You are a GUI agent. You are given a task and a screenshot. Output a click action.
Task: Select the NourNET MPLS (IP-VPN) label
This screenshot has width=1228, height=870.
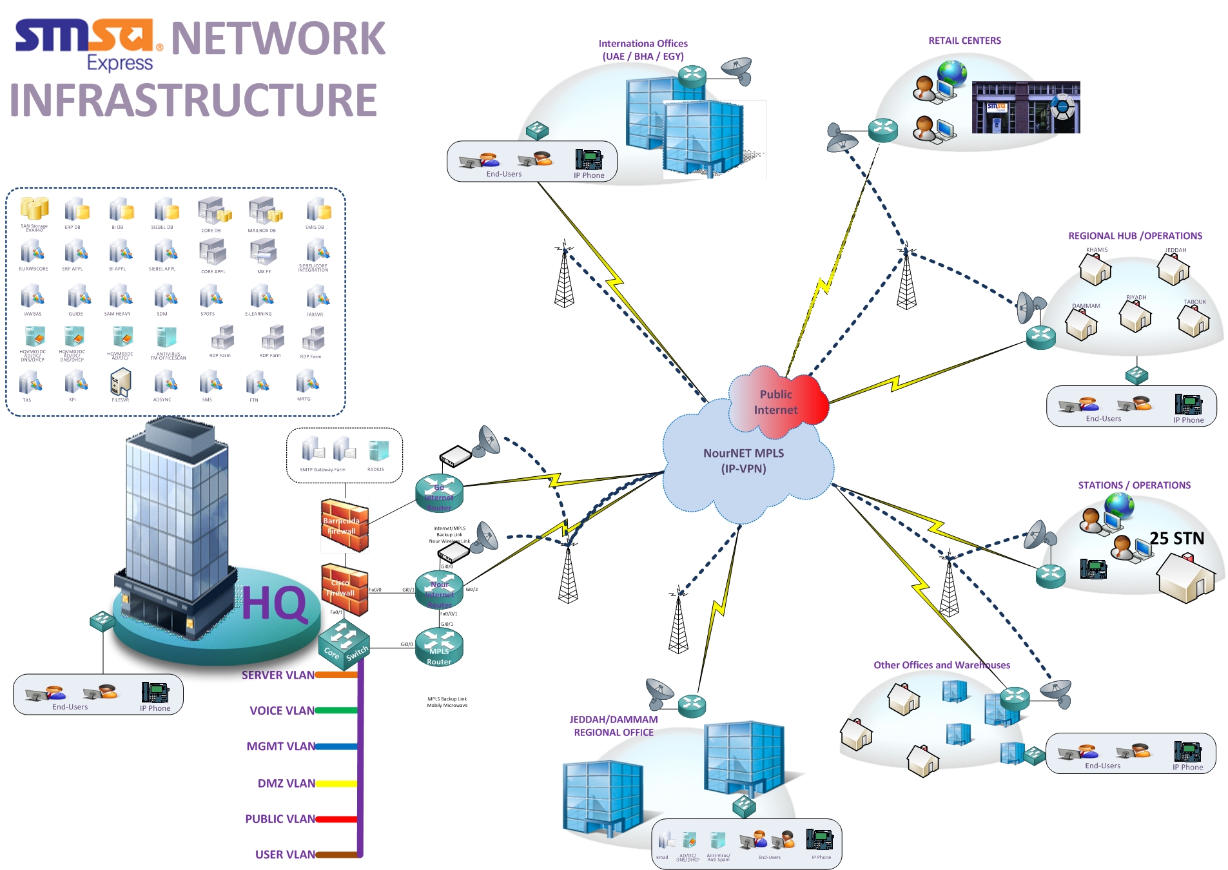click(743, 461)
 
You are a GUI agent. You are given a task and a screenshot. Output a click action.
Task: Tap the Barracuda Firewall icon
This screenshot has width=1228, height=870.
click(345, 525)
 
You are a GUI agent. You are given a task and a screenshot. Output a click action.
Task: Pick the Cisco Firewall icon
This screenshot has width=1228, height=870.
click(345, 588)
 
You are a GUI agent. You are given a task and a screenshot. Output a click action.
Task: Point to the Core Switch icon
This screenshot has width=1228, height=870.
click(344, 643)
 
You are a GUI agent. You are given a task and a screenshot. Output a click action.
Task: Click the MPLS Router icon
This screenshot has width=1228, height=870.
click(439, 646)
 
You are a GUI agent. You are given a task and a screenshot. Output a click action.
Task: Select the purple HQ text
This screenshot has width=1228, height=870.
click(274, 604)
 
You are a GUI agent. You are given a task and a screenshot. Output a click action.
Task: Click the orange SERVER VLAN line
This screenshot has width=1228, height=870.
click(336, 675)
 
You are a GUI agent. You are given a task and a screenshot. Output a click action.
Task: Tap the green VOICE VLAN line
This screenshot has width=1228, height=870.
click(336, 710)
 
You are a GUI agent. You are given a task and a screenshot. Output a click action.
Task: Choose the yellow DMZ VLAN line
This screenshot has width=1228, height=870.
click(336, 784)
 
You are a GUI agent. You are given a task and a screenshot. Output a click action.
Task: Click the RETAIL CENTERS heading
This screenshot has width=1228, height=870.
click(964, 41)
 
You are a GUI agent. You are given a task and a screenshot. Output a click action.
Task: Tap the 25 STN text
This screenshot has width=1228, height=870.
click(1176, 538)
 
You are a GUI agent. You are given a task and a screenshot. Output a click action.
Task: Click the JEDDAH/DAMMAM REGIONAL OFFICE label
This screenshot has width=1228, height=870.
click(614, 726)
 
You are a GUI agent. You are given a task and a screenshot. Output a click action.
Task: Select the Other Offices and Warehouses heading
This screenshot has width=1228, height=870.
click(941, 665)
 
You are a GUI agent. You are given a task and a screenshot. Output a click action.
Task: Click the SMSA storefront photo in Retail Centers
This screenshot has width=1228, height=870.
click(1025, 107)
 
